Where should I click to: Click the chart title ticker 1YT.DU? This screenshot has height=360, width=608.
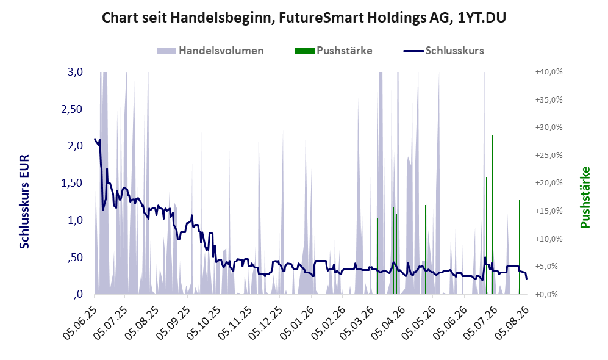(482, 18)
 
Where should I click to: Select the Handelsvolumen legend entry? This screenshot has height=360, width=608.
(210, 51)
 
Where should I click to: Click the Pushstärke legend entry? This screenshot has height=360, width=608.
(334, 51)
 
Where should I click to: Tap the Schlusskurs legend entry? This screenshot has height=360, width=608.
(443, 51)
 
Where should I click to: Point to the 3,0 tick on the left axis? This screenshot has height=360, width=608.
(75, 72)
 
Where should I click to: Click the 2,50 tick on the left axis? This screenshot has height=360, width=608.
(72, 109)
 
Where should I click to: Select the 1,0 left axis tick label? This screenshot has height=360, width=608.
(75, 220)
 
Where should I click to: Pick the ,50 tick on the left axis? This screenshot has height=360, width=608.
(75, 257)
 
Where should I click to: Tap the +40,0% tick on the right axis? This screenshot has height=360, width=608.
(549, 72)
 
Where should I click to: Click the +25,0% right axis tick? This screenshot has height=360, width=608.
(549, 155)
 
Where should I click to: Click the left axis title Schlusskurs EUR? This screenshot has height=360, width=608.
(24, 202)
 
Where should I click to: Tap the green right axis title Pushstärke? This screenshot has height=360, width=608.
(585, 197)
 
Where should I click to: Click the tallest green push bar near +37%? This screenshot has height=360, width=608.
(484, 192)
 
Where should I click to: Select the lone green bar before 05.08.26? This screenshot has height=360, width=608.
(519, 247)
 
